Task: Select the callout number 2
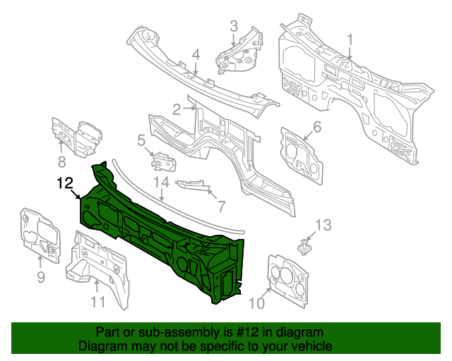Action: point(177,109)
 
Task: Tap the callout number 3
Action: point(234,27)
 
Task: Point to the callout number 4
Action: point(196,54)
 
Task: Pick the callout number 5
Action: point(141,141)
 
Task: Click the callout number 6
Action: point(317,127)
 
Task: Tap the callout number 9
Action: point(40,277)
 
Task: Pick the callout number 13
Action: point(322,225)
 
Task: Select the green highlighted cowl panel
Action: point(155,233)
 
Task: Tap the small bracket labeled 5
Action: point(164,163)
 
